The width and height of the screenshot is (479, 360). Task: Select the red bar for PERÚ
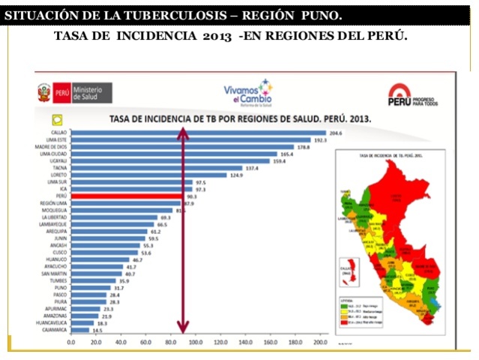[128, 196]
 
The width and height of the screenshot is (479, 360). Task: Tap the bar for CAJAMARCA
[79, 329]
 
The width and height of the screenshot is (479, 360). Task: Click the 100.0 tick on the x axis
[196, 342]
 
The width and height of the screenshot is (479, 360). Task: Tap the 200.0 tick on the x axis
[320, 342]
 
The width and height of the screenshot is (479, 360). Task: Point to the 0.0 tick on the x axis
[71, 342]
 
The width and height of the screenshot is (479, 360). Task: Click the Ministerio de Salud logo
[74, 93]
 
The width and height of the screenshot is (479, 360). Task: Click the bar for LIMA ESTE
[190, 139]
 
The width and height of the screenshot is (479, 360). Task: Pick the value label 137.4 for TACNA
[252, 168]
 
